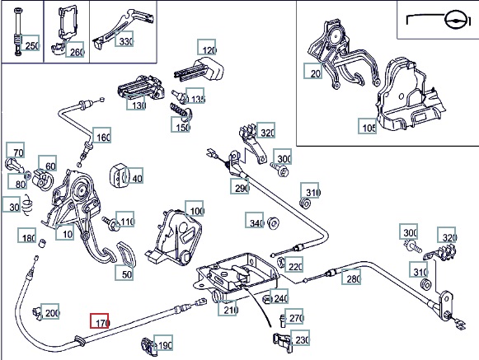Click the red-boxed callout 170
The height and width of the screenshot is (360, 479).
[x=99, y=320]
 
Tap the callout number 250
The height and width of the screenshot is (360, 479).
[x=31, y=43]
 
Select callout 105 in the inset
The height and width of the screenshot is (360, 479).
[x=368, y=126]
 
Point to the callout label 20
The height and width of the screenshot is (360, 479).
[x=312, y=71]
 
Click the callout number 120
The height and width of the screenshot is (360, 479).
[x=206, y=47]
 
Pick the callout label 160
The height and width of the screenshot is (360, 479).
[x=101, y=134]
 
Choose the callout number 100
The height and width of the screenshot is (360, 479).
[x=195, y=208]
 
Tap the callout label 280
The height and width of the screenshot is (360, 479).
[x=351, y=276]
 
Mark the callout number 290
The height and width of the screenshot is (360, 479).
[x=240, y=186]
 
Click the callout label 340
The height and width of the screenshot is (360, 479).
[x=255, y=220]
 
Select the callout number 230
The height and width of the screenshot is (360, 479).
[x=300, y=338]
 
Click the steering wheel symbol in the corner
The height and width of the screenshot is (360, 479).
[x=455, y=20]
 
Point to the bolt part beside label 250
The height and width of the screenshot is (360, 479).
[x=18, y=32]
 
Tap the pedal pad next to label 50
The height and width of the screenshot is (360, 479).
[x=125, y=254]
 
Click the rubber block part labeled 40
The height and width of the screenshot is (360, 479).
[x=116, y=175]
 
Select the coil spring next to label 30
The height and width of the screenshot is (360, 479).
[x=27, y=204]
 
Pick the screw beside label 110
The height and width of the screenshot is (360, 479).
[x=110, y=223]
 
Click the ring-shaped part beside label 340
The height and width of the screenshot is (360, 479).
[x=273, y=223]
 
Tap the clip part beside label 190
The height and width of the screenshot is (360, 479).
[x=148, y=346]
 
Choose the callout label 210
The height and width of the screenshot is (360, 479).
[x=227, y=308]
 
